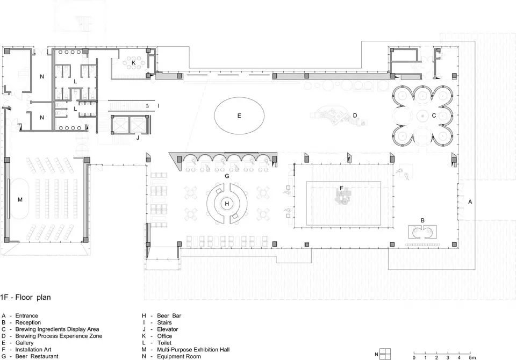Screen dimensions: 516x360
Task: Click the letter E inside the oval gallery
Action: [239, 116]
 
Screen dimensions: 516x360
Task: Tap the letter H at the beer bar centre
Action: [227, 204]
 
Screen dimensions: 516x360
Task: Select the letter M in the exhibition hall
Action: [20, 200]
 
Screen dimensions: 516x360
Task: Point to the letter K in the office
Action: [134, 62]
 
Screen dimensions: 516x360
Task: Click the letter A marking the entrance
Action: [470, 201]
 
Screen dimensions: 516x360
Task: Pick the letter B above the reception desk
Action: [423, 220]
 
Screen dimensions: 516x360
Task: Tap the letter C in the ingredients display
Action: [434, 116]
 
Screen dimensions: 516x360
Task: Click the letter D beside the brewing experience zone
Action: [355, 116]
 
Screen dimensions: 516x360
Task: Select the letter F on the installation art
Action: [342, 188]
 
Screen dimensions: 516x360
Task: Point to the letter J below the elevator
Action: [138, 138]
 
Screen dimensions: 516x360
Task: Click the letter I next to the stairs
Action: [159, 106]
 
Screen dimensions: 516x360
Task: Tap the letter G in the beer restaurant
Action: [227, 176]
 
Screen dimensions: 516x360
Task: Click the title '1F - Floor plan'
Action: [26, 298]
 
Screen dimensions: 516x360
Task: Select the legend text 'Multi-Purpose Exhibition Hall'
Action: [193, 349]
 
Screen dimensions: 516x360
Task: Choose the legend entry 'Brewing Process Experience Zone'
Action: [59, 336]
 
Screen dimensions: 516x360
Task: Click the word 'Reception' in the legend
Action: [28, 322]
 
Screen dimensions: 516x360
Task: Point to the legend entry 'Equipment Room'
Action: [178, 356]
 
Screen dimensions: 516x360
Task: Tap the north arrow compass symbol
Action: [385, 354]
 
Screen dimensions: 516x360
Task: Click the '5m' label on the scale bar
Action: [472, 358]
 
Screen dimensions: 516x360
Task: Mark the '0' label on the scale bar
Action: [414, 358]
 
